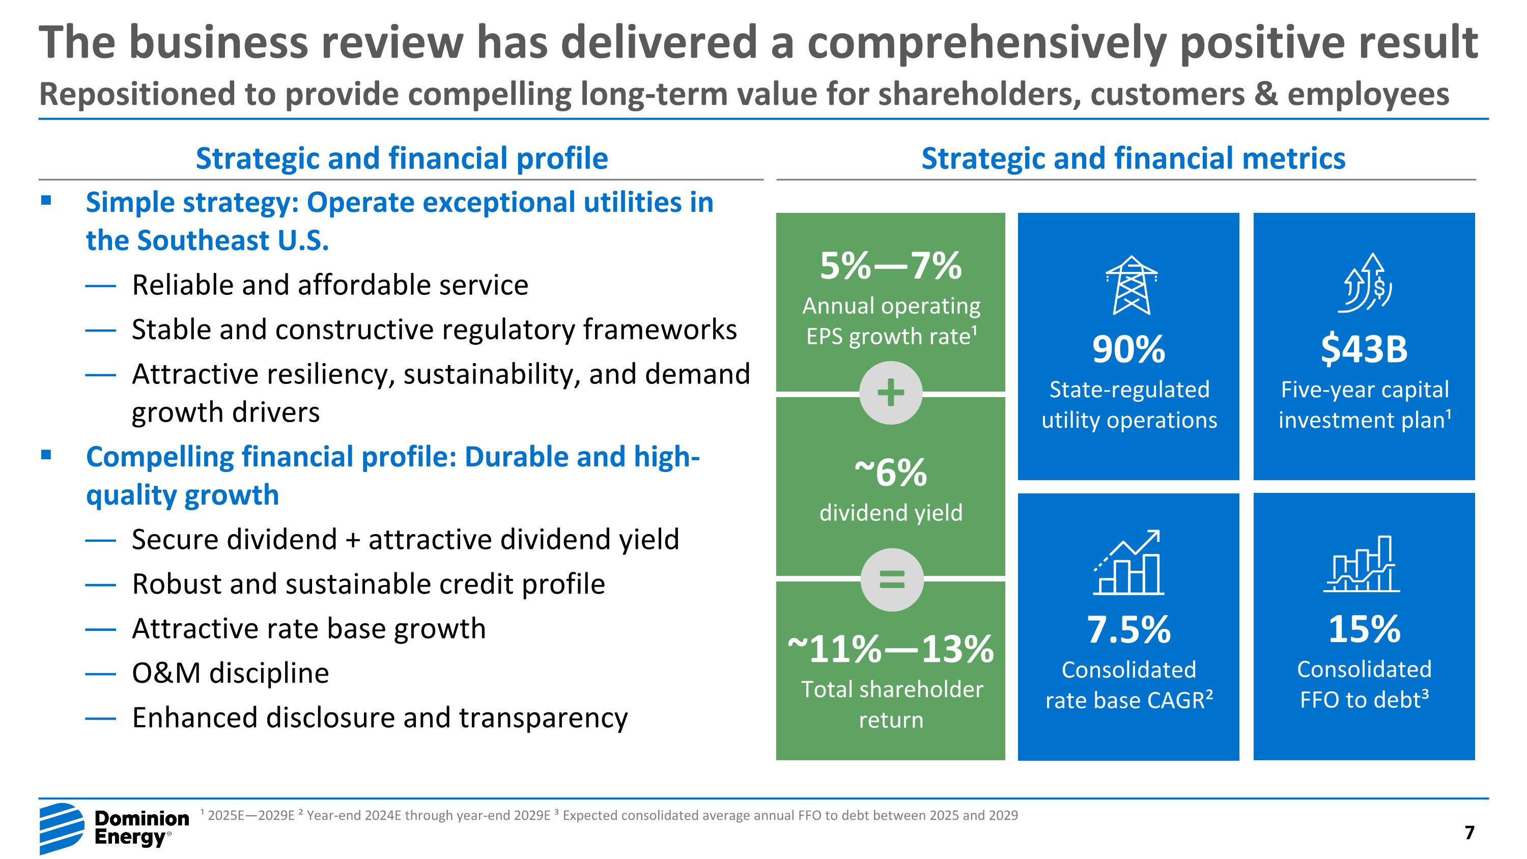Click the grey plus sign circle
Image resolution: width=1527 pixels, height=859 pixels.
point(890,393)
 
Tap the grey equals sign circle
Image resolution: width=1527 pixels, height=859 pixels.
point(892,579)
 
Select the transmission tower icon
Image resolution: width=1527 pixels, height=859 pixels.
point(1131,285)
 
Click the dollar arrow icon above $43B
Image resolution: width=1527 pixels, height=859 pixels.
point(1365,283)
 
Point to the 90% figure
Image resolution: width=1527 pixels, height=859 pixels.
point(1128,349)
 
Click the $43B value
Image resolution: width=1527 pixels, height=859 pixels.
point(1364,349)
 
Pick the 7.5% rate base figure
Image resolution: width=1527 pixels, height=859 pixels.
point(1128,629)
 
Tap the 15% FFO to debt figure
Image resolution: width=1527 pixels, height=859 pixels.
point(1364,629)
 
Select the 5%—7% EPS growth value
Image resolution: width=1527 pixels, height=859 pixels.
point(890,266)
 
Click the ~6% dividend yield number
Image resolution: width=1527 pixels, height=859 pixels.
point(890,473)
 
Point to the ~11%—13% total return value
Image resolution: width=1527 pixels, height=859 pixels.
point(890,649)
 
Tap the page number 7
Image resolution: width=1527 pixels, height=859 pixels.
point(1469,833)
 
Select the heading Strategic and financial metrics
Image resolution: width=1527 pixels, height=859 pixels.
point(1133,158)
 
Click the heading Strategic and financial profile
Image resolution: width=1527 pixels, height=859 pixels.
point(402,158)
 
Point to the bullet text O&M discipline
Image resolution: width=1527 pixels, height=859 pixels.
point(231,673)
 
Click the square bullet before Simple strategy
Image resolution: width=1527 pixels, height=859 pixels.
point(46,201)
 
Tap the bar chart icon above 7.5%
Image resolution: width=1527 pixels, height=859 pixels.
point(1128,562)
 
